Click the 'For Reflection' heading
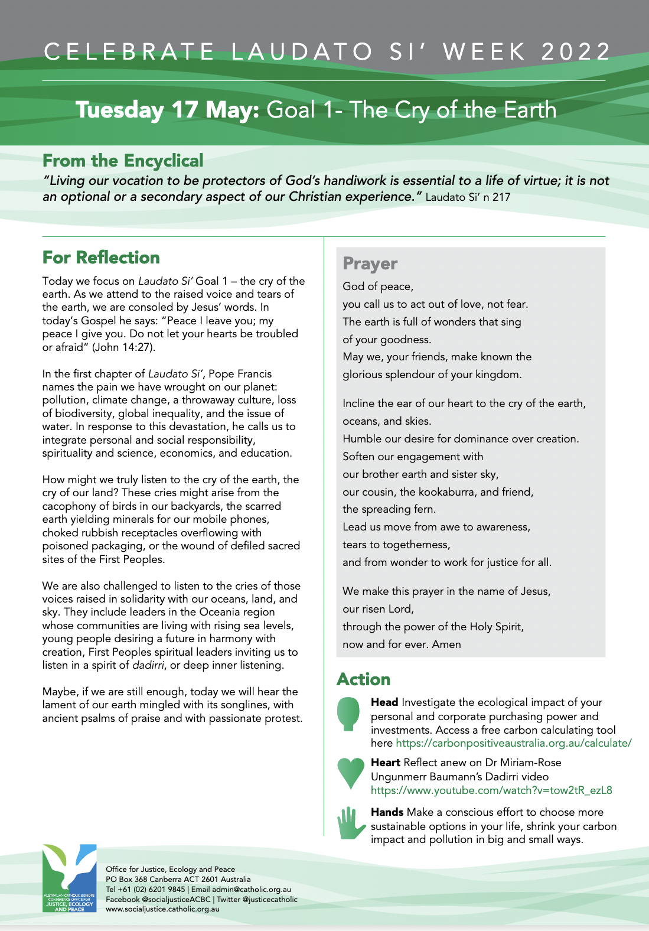(101, 258)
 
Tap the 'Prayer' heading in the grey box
(370, 263)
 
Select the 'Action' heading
(363, 679)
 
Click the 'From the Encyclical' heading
(123, 161)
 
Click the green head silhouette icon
(348, 714)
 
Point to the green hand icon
(351, 823)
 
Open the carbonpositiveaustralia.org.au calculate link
(513, 743)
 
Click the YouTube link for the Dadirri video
(491, 790)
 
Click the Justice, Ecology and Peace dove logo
(69, 878)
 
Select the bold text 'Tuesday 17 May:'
(168, 110)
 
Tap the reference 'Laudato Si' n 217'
(468, 197)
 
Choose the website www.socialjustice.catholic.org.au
(162, 909)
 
